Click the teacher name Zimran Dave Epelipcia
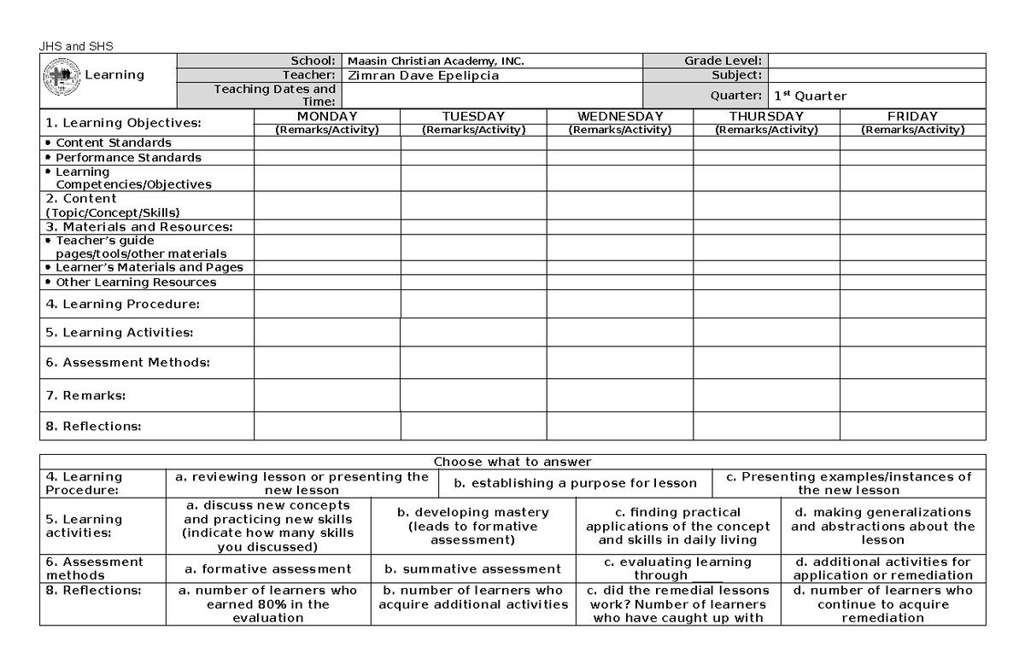423,75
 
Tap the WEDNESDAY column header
619,116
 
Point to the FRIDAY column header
912,116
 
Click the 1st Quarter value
810,96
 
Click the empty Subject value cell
876,75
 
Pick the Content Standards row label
113,143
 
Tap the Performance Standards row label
128,157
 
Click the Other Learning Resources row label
136,282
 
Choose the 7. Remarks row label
85,395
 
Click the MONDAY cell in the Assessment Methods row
327,362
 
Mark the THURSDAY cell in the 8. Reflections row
766,426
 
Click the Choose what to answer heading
512,462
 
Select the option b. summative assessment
472,568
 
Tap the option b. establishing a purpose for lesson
575,483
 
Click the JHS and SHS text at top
76,46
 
